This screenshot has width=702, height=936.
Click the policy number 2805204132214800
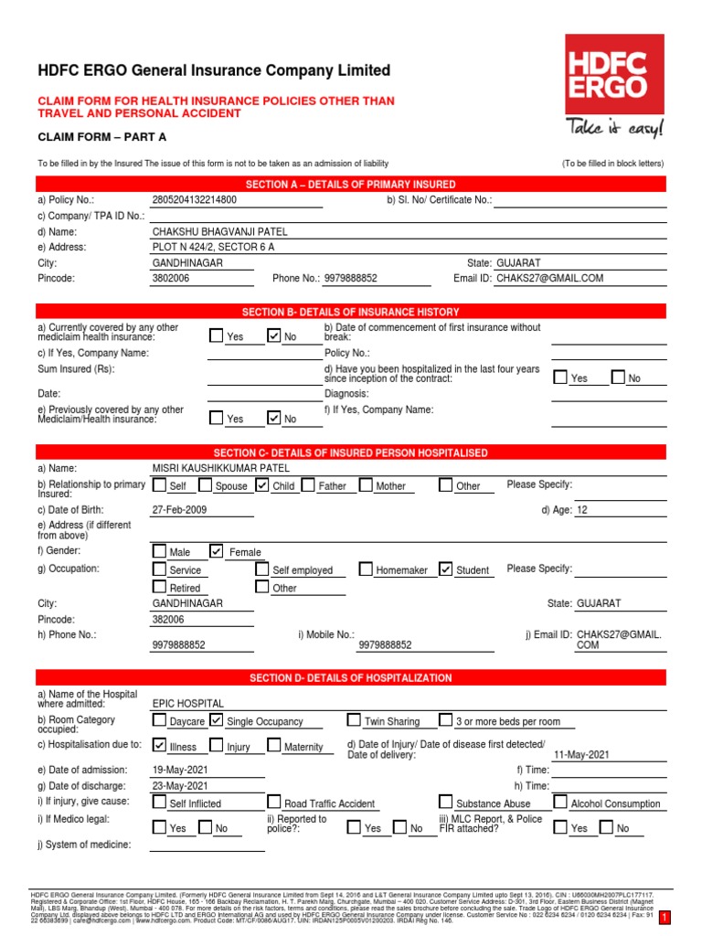pyautogui.click(x=194, y=199)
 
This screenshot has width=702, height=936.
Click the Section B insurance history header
pyautogui.click(x=351, y=311)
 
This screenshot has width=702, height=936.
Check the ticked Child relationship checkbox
pyautogui.click(x=262, y=485)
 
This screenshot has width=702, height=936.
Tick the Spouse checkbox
pyautogui.click(x=205, y=485)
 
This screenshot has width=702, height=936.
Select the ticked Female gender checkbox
pyautogui.click(x=217, y=551)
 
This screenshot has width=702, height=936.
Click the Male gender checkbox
pyautogui.click(x=160, y=551)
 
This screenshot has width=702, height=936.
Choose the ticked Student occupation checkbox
pyautogui.click(x=445, y=569)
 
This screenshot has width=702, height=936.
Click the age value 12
pyautogui.click(x=582, y=510)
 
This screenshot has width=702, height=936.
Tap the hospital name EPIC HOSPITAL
pyautogui.click(x=187, y=703)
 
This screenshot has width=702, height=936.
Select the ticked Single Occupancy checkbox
pyautogui.click(x=217, y=720)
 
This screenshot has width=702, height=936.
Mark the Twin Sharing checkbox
pyautogui.click(x=354, y=720)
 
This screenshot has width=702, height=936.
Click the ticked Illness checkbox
pyautogui.click(x=160, y=746)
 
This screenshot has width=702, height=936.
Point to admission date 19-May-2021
pyautogui.click(x=180, y=770)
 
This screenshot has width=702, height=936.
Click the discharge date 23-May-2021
pyautogui.click(x=180, y=785)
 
